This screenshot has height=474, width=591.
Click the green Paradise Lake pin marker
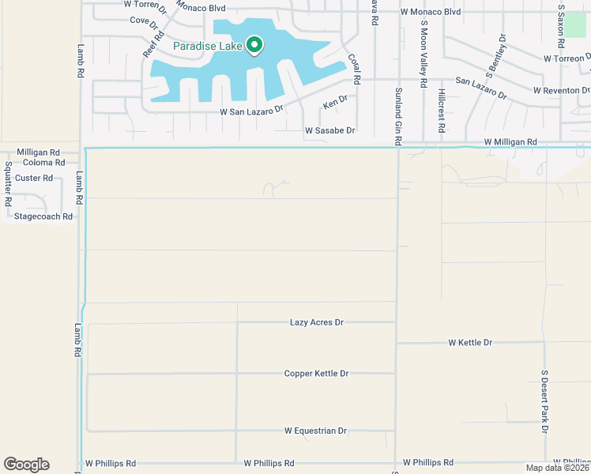(x=254, y=46)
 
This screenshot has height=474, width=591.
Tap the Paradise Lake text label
(x=207, y=46)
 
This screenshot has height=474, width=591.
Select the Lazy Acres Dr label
(x=317, y=322)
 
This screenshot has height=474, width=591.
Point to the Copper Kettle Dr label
(x=316, y=373)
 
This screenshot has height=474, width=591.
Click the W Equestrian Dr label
(x=316, y=431)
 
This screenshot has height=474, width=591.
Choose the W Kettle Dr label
(x=470, y=343)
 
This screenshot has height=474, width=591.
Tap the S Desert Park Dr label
(x=544, y=401)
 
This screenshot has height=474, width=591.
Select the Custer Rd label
(x=33, y=178)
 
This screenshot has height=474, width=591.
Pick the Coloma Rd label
(x=37, y=162)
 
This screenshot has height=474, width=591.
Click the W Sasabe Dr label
(x=330, y=130)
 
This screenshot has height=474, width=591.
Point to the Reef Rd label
(x=152, y=44)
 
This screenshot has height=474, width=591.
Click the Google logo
(x=26, y=465)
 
